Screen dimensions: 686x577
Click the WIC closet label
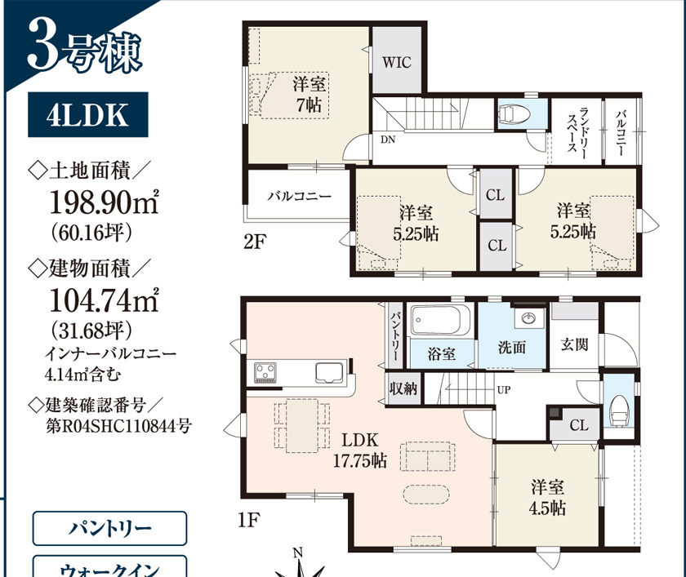(x=397, y=62)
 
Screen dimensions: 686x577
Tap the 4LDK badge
(x=88, y=114)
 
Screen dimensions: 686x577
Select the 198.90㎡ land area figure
(x=105, y=202)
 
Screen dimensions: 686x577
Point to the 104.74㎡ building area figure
(x=105, y=300)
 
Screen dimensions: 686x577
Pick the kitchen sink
(x=329, y=373)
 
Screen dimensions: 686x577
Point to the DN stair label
(x=388, y=140)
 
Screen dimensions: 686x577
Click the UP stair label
(x=504, y=389)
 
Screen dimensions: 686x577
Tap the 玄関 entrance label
(x=574, y=345)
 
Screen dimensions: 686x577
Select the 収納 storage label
(x=403, y=388)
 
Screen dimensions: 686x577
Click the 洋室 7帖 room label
(x=310, y=95)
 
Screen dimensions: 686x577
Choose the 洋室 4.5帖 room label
(x=547, y=498)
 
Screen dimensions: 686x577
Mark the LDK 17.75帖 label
(x=360, y=451)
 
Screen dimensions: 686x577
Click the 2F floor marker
(x=255, y=242)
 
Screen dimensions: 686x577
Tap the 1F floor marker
(x=249, y=520)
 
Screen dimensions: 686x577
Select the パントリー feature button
(x=109, y=529)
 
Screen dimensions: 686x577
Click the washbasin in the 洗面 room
(x=529, y=317)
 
